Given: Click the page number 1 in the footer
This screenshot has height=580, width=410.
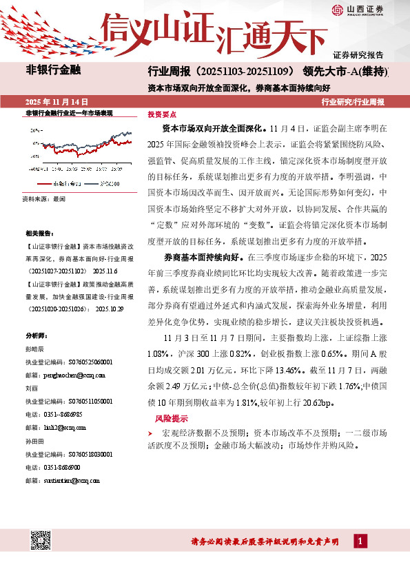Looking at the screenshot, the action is [x=360, y=541].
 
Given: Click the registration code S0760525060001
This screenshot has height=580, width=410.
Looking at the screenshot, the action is [x=79, y=362].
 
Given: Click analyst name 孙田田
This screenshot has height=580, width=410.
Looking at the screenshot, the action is [x=35, y=440].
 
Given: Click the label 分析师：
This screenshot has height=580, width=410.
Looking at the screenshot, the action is [x=36, y=335].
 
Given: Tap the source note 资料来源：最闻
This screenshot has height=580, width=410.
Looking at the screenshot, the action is [x=45, y=198].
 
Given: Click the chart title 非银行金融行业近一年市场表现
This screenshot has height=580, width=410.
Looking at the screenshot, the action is [x=68, y=114].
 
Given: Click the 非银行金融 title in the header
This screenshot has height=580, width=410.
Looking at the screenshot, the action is [x=53, y=70].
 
